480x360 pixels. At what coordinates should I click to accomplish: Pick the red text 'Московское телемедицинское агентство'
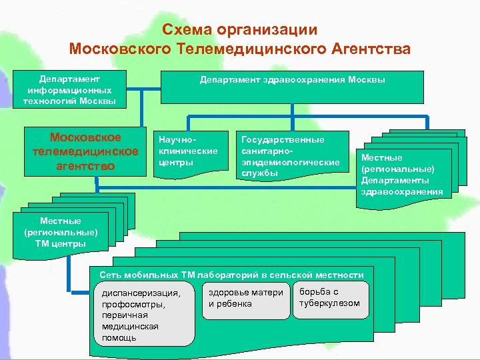[x=85, y=151]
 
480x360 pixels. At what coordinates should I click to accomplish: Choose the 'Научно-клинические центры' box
[x=187, y=152]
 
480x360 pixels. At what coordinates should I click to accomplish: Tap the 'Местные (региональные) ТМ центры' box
[x=60, y=231]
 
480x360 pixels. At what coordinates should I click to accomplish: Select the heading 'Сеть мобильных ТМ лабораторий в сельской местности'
[x=231, y=275]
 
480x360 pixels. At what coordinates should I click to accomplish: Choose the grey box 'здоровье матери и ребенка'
[x=246, y=298]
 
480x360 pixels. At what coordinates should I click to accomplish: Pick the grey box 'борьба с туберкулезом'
[x=331, y=297]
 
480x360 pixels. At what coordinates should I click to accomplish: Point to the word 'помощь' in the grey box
[x=119, y=337]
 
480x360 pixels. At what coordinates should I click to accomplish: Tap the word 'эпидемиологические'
[x=290, y=162]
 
